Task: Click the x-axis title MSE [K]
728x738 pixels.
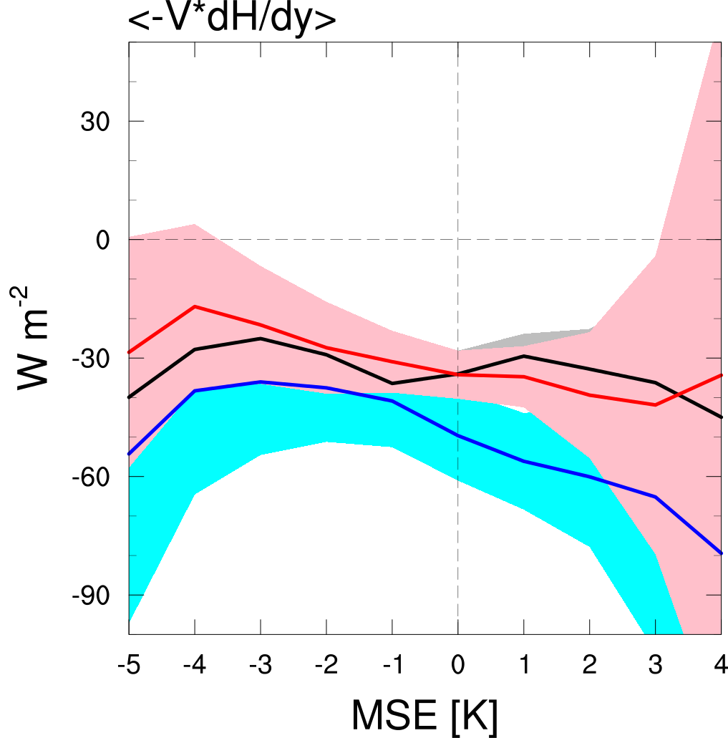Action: (x=424, y=713)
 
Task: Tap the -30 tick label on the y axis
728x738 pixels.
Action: (x=89, y=358)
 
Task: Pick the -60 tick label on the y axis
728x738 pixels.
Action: (x=89, y=477)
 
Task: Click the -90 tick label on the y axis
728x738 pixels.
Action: (x=89, y=596)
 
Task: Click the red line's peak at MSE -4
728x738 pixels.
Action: (x=195, y=306)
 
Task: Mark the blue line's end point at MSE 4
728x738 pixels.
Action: (x=721, y=553)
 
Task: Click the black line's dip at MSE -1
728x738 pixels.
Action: (x=392, y=384)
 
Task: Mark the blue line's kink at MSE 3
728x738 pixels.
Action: (x=655, y=497)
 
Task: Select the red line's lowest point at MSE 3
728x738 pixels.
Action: (x=655, y=405)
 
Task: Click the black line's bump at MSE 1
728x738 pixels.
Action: (x=524, y=356)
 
